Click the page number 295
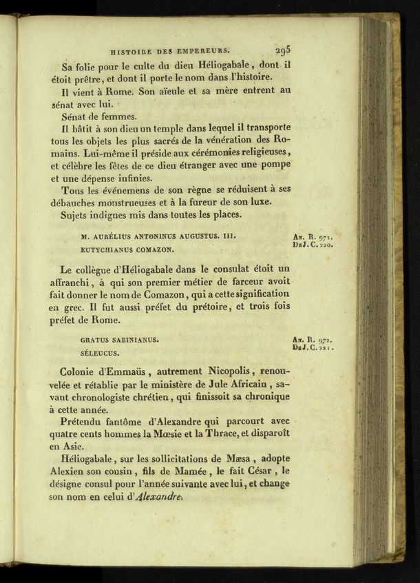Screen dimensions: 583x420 tap(283, 50)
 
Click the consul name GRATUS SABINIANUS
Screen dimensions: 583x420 tap(119, 339)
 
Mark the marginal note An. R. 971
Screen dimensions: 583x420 tap(313, 236)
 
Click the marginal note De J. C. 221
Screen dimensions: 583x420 tap(313, 348)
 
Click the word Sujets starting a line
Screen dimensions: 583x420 tap(76, 215)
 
